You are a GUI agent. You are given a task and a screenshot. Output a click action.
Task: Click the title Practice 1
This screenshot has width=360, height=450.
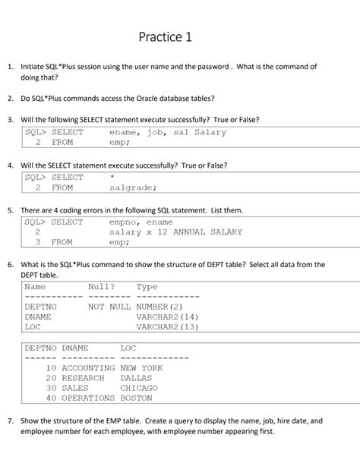click(x=166, y=36)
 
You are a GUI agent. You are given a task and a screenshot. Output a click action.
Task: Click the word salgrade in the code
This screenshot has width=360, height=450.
click(x=133, y=187)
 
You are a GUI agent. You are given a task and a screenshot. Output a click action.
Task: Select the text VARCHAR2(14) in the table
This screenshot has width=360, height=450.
click(x=167, y=316)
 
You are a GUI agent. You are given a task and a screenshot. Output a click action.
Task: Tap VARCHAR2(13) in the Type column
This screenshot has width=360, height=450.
click(x=167, y=327)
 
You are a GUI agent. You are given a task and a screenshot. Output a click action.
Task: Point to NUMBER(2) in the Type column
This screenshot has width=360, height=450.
click(x=159, y=307)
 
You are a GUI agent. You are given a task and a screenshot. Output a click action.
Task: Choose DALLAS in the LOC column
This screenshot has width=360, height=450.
click(x=136, y=378)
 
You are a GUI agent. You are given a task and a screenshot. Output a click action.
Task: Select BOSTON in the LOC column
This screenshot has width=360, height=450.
click(x=136, y=398)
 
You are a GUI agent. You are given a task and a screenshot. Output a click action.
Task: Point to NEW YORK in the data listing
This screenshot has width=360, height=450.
click(x=141, y=368)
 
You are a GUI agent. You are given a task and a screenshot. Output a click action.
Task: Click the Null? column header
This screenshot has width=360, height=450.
click(x=102, y=287)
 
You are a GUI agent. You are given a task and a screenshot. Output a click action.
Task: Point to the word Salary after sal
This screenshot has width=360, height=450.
click(x=210, y=132)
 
